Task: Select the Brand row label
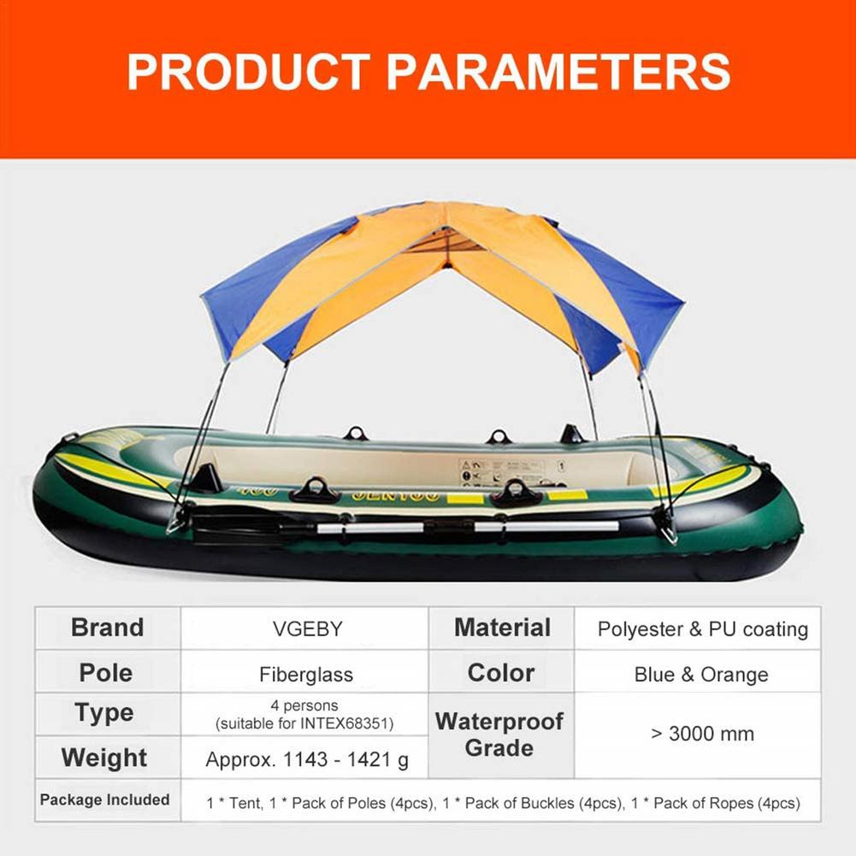(x=107, y=628)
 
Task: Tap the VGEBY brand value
(x=305, y=629)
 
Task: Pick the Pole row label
(x=106, y=673)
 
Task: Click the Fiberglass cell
(x=305, y=675)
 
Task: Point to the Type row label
(x=104, y=713)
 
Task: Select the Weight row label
(x=104, y=758)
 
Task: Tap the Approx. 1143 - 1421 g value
(x=307, y=759)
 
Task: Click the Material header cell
(x=502, y=628)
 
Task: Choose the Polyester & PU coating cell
(x=702, y=630)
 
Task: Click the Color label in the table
(x=500, y=673)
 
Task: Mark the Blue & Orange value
(x=701, y=675)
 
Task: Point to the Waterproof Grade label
(x=499, y=735)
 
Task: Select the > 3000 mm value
(x=702, y=734)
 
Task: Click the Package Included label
(x=105, y=800)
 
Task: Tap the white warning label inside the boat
(x=502, y=469)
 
